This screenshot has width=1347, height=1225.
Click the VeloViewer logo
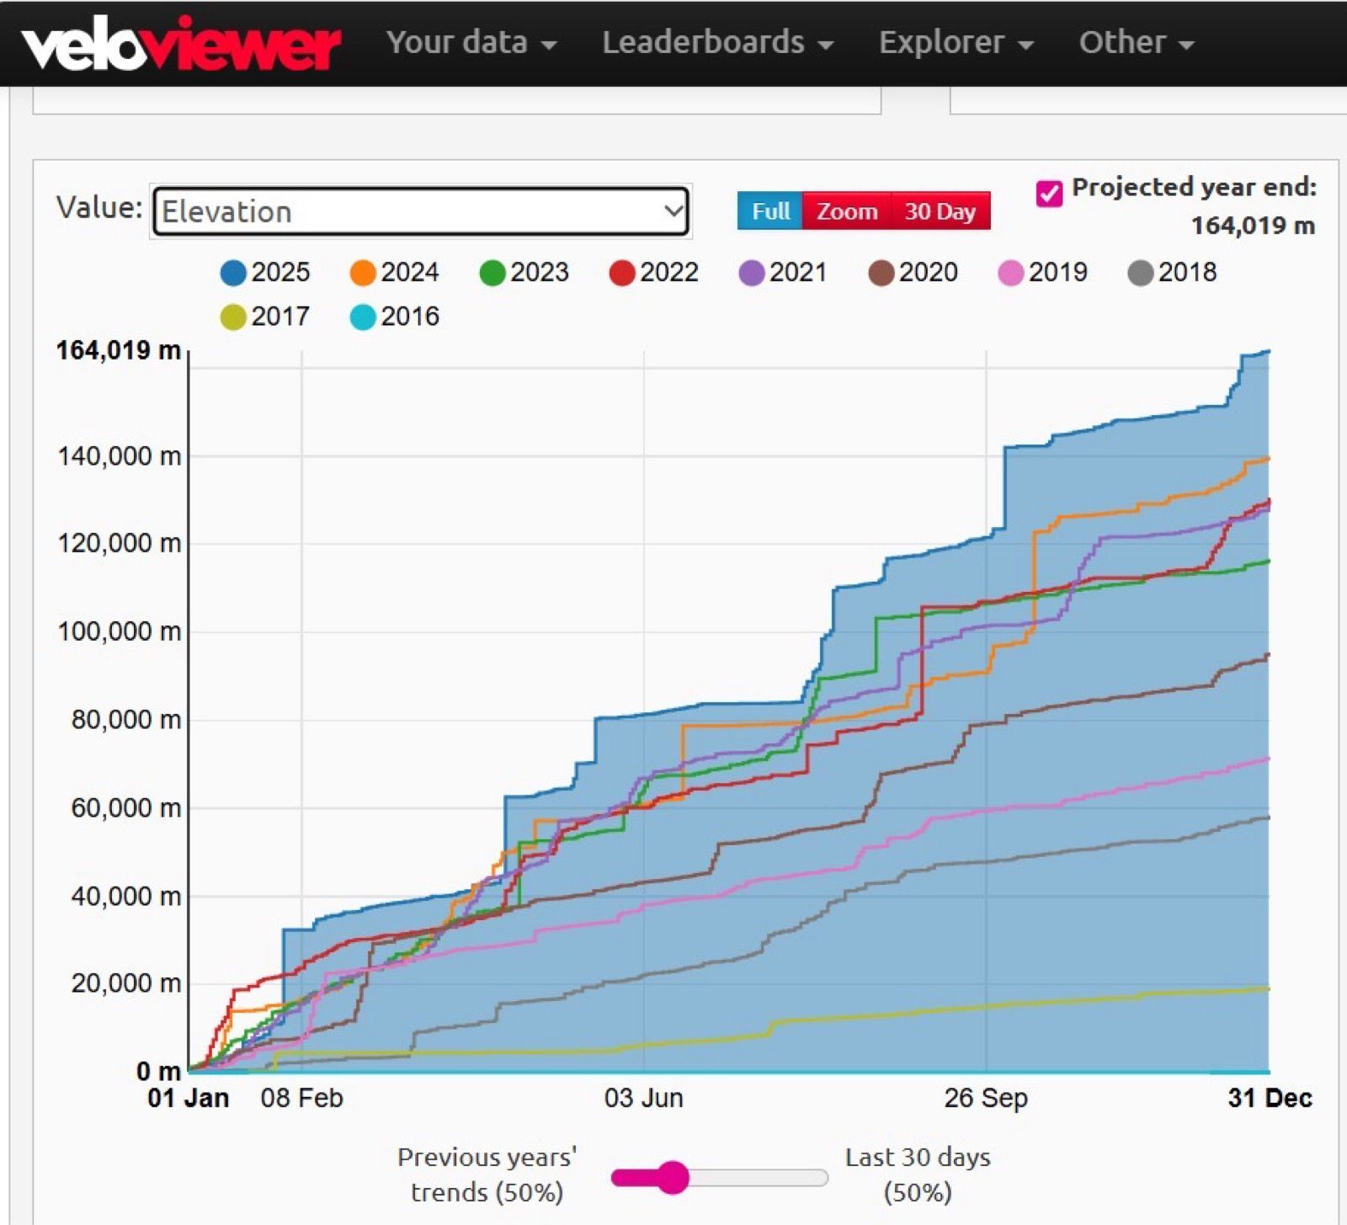tap(181, 44)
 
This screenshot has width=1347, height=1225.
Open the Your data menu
tap(471, 42)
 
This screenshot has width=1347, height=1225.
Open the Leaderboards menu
tap(717, 42)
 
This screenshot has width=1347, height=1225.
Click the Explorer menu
tap(956, 42)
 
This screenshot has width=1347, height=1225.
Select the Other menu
tap(1136, 42)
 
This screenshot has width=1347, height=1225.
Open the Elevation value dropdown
tap(421, 211)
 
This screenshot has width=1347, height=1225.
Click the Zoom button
tap(846, 211)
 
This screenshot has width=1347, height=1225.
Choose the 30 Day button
tap(940, 211)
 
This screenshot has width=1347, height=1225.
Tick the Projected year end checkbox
tap(1049, 193)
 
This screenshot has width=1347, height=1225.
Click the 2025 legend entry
tap(265, 273)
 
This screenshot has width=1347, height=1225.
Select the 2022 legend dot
tap(622, 273)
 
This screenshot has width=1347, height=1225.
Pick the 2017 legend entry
tap(265, 317)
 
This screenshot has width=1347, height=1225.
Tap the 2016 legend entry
tap(395, 317)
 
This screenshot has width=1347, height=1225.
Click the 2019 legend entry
tap(1043, 273)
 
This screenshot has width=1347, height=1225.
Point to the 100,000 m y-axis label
tap(119, 631)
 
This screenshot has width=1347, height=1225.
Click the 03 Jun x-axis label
tap(644, 1098)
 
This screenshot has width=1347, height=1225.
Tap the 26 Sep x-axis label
tap(986, 1098)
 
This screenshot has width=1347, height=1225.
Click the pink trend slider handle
tap(673, 1177)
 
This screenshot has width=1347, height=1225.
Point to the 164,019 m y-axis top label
tap(119, 350)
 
